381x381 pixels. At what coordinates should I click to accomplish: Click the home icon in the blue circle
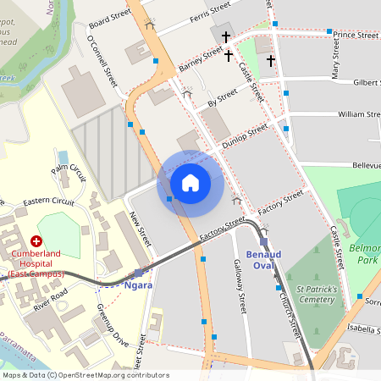click(190, 182)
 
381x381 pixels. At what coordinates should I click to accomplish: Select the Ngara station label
click(138, 285)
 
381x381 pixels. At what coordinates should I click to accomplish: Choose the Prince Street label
click(356, 35)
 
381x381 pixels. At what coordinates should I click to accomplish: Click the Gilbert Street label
click(366, 82)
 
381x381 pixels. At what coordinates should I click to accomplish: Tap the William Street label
click(359, 113)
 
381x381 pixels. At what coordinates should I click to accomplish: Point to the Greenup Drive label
click(111, 324)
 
